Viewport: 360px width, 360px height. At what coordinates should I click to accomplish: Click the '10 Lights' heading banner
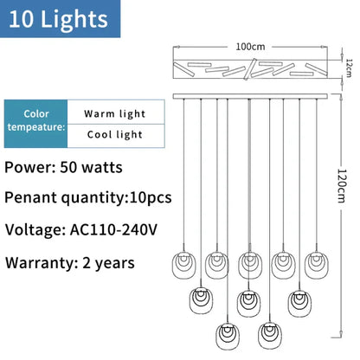[60, 19]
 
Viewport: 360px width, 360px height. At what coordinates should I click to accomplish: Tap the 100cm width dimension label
[250, 47]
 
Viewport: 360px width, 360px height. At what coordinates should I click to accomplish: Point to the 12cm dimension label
[349, 68]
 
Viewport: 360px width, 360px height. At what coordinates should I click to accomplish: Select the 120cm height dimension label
[342, 186]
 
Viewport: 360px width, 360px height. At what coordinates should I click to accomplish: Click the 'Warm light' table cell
[116, 112]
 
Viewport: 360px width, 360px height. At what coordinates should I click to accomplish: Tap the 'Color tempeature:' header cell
[35, 124]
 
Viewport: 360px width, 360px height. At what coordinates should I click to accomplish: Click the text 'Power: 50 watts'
[63, 167]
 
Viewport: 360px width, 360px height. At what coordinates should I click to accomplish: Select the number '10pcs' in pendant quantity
[151, 197]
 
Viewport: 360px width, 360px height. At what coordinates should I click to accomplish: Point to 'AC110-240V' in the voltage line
[113, 230]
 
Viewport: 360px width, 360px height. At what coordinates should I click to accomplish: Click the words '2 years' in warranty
[108, 263]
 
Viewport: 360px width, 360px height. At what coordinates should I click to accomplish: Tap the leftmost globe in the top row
[183, 266]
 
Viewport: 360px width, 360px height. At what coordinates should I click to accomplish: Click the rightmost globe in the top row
[317, 266]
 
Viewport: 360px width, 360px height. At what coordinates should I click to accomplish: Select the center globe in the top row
[250, 266]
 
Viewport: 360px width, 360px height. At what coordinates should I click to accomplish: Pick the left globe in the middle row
[201, 300]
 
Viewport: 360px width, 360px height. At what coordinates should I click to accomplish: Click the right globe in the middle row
[299, 303]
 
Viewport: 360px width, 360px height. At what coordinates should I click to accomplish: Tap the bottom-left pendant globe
[228, 337]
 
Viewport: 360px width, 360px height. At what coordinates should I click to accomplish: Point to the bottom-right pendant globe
[270, 336]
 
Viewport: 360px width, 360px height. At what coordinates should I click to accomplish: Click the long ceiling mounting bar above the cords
[250, 96]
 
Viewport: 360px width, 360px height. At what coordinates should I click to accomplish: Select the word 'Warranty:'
[40, 263]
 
